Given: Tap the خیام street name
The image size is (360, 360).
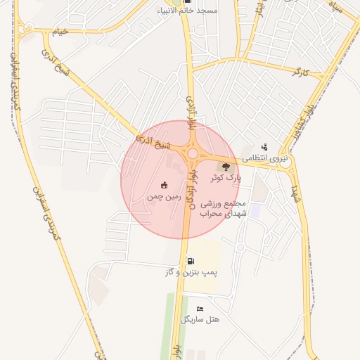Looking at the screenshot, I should tap(61, 32).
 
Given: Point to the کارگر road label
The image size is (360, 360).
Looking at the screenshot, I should tap(301, 72).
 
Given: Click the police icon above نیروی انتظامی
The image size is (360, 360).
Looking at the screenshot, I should tap(264, 147).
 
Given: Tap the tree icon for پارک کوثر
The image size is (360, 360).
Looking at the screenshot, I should tap(226, 167).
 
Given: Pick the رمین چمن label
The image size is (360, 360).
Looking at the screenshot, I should tap(164, 197).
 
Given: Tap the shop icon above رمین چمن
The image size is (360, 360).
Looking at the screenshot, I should tap(164, 185).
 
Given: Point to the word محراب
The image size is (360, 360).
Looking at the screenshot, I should tap(211, 214).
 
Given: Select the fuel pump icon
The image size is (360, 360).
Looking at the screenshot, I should tap(191, 261).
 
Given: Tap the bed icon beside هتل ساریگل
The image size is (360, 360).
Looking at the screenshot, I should tap(200, 309).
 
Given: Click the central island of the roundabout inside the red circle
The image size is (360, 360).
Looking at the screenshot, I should tap(192, 153).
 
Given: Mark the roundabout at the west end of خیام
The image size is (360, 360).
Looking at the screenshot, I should tap(27, 30).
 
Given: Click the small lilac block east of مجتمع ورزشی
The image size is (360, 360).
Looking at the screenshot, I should tap(255, 210).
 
